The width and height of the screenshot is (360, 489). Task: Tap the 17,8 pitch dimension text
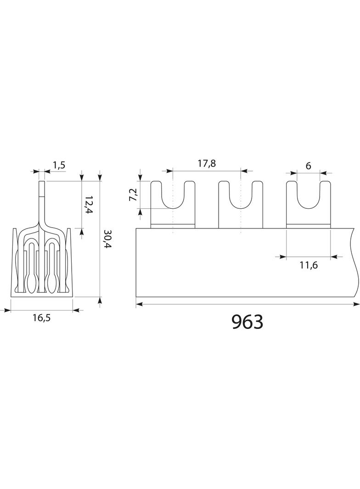207,163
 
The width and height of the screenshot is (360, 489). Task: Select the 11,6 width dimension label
309,266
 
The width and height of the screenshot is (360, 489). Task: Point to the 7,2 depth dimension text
133,194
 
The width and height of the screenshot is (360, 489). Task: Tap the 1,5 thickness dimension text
59,165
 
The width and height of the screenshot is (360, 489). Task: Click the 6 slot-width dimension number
309,166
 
